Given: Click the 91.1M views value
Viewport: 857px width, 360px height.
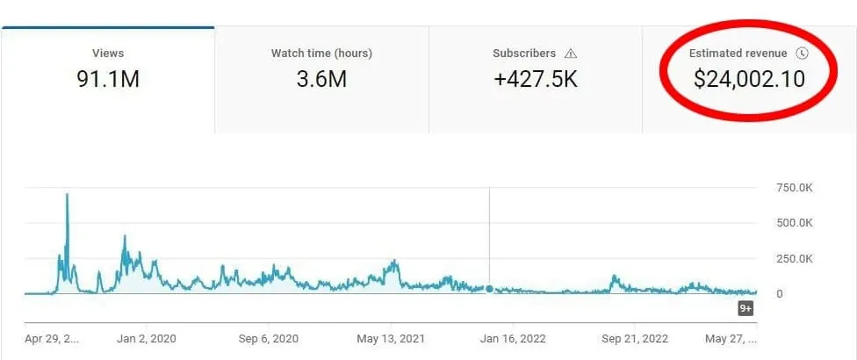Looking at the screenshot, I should pyautogui.click(x=108, y=80).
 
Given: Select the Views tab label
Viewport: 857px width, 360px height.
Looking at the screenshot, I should pyautogui.click(x=108, y=54).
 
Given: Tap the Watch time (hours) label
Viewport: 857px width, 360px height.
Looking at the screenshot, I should pyautogui.click(x=321, y=54).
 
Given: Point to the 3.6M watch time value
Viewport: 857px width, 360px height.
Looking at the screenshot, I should pyautogui.click(x=321, y=80).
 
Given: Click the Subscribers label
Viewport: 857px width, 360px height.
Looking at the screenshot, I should pyautogui.click(x=524, y=54).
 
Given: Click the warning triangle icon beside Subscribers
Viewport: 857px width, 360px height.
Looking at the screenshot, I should pyautogui.click(x=571, y=54).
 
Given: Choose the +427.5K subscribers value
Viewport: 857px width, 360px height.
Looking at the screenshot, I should pyautogui.click(x=536, y=80).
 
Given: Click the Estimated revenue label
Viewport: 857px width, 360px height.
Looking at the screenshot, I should pyautogui.click(x=738, y=54).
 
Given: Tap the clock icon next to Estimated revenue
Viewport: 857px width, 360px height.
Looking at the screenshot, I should pyautogui.click(x=801, y=54).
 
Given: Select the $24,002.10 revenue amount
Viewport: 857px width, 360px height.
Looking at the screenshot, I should pyautogui.click(x=749, y=80).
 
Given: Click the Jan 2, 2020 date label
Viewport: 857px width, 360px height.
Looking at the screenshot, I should pyautogui.click(x=146, y=338).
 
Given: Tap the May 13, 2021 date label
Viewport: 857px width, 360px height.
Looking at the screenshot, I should pyautogui.click(x=390, y=338).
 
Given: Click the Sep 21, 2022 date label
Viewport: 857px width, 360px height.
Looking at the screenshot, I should pyautogui.click(x=634, y=338).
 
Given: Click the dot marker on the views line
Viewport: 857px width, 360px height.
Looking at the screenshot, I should pyautogui.click(x=489, y=288).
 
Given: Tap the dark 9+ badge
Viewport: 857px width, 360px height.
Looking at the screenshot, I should pyautogui.click(x=745, y=308).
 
